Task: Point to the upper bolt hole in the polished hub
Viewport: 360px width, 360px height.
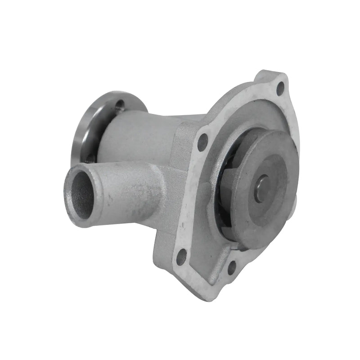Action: coord(120,106)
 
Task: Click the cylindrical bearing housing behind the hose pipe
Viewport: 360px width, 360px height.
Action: coord(135,135)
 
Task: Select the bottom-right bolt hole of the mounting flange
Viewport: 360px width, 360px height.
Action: coord(232,268)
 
